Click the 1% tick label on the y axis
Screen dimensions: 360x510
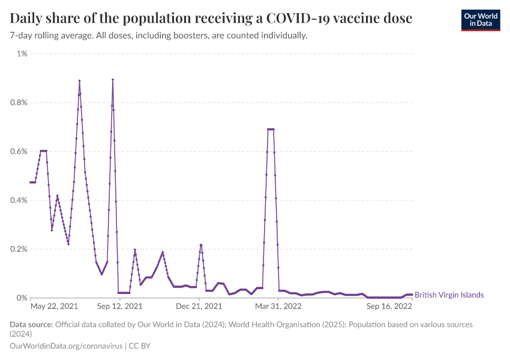point(22,54)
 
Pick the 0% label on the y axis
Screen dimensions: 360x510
point(22,298)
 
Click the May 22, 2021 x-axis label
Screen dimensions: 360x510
point(54,306)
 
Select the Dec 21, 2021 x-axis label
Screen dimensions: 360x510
point(199,306)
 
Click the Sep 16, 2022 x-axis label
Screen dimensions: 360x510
point(389,306)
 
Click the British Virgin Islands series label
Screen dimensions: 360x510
point(449,295)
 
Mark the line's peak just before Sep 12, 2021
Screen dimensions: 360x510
point(112,80)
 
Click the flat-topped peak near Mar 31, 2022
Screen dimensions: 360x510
point(271,129)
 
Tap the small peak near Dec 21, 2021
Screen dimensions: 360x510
point(201,245)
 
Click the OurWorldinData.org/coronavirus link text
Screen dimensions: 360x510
point(67,346)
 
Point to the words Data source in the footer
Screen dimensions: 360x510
point(31,325)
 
